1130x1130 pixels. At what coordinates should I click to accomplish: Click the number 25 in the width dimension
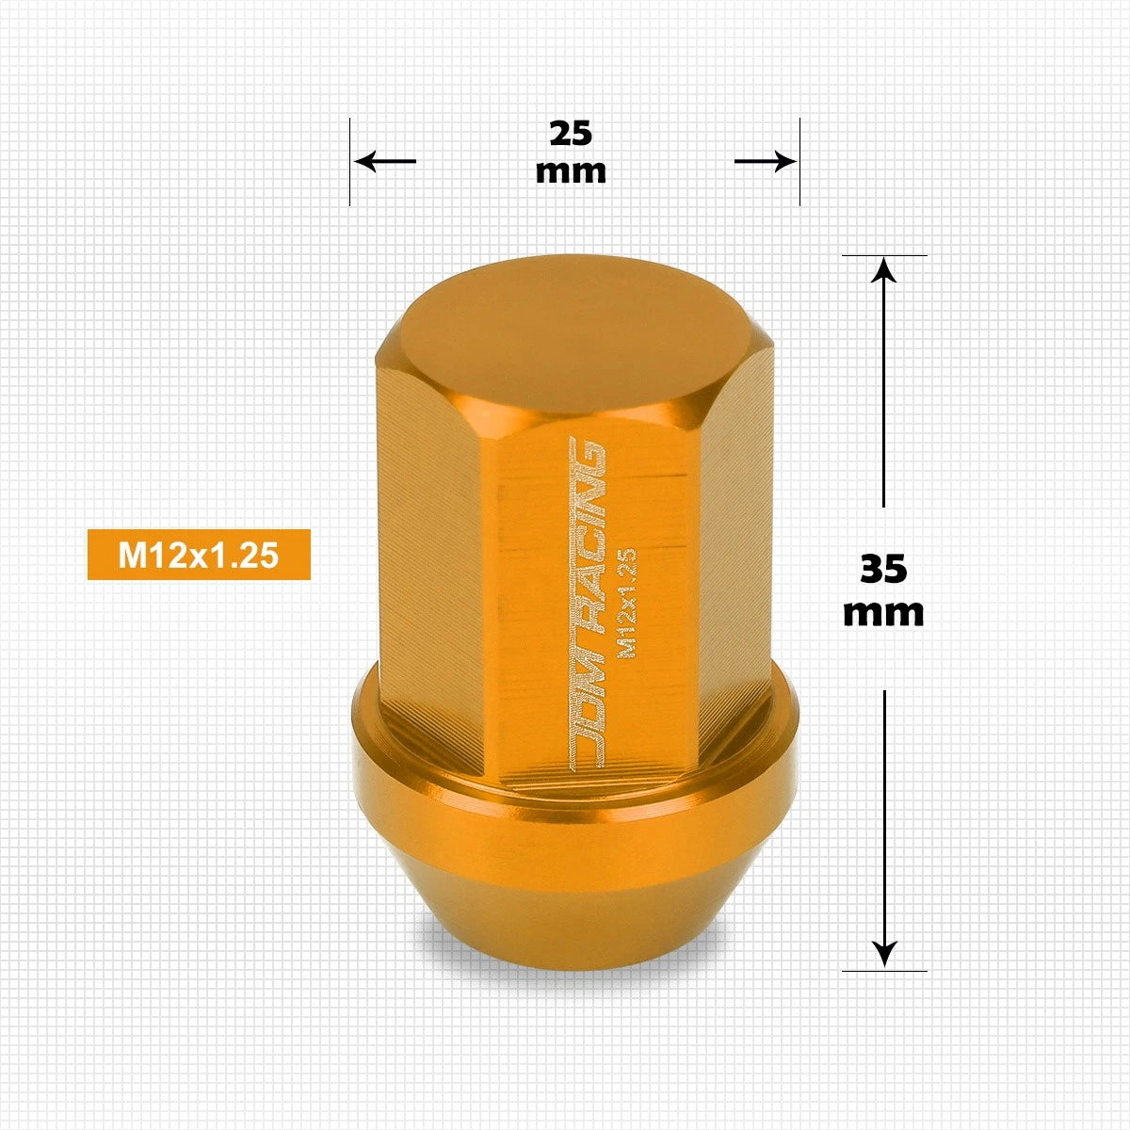[571, 134]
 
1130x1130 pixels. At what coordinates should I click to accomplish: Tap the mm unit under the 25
[571, 171]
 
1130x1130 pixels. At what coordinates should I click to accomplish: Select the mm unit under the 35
[883, 613]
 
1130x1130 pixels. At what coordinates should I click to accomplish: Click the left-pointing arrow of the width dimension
[385, 161]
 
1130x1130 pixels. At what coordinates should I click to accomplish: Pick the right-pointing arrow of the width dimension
[766, 161]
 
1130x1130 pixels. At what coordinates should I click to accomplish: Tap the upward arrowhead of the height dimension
[883, 271]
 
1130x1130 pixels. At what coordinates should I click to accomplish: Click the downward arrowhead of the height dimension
[883, 956]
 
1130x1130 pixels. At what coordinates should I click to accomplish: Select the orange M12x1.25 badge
[199, 555]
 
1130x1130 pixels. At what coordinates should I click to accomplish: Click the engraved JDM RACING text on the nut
[588, 603]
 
